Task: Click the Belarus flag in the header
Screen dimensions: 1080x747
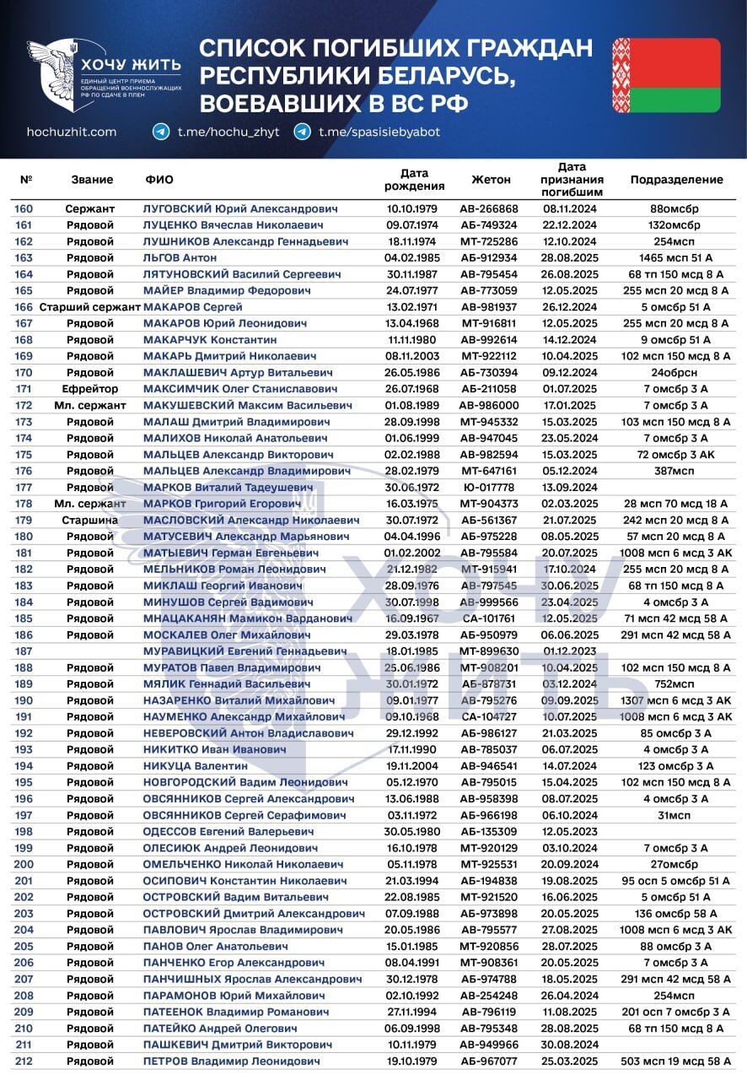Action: (x=666, y=75)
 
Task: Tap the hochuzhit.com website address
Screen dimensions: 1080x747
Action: (x=72, y=132)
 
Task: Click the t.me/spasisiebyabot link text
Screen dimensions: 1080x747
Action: (x=379, y=132)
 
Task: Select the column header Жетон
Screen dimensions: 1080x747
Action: (x=491, y=180)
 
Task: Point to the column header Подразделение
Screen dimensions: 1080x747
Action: (x=676, y=180)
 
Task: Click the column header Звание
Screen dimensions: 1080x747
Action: (x=92, y=180)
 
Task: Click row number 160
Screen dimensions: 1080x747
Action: (x=24, y=208)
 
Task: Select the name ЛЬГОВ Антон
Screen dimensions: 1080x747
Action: (x=180, y=257)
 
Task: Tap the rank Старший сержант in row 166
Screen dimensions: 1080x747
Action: (x=89, y=307)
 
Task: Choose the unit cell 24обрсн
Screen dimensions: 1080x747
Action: (x=676, y=372)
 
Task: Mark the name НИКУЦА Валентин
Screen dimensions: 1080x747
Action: (x=196, y=766)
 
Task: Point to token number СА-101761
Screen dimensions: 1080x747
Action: (x=488, y=618)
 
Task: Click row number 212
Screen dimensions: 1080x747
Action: (x=24, y=1061)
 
